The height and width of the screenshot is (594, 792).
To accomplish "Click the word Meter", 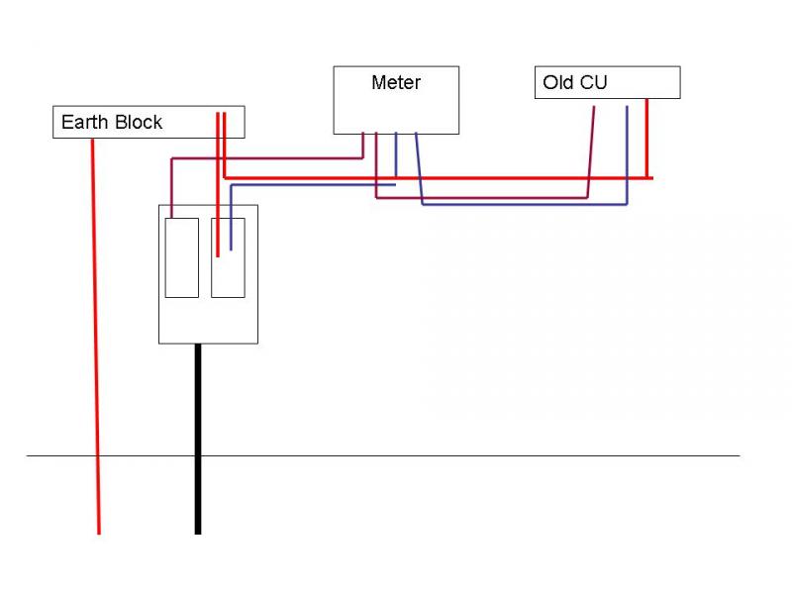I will coord(396,83).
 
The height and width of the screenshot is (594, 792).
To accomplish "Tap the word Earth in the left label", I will coord(84,123).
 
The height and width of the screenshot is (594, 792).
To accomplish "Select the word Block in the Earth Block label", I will coord(138,123).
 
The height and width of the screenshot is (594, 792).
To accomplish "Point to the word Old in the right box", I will coord(558,83).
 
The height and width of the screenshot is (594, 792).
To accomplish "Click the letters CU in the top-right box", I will coord(594,83).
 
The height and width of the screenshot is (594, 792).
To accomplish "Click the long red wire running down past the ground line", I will coord(96,346).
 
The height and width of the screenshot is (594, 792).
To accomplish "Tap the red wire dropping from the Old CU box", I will coord(647,139).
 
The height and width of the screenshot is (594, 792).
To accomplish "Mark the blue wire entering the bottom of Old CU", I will coord(627,148).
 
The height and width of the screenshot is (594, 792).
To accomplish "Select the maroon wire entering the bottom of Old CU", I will coord(592,148).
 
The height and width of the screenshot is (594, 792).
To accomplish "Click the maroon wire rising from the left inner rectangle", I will coord(172,188).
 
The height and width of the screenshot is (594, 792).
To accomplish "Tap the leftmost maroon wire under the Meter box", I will coord(363,145).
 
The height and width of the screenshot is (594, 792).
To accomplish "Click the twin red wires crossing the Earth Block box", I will coord(222,124).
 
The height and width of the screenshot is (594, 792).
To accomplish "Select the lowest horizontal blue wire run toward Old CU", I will coord(525,205).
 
